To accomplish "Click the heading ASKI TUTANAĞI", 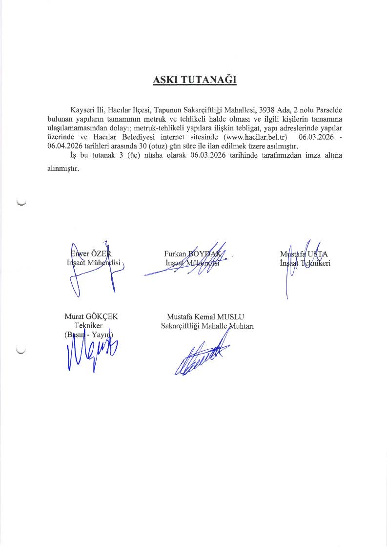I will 195,80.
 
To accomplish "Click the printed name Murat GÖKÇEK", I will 91,316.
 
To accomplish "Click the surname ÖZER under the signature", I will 101,253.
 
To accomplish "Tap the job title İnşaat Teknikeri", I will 306,263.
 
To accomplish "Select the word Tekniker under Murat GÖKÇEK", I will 88,325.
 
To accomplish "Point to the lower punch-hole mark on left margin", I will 21,350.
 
